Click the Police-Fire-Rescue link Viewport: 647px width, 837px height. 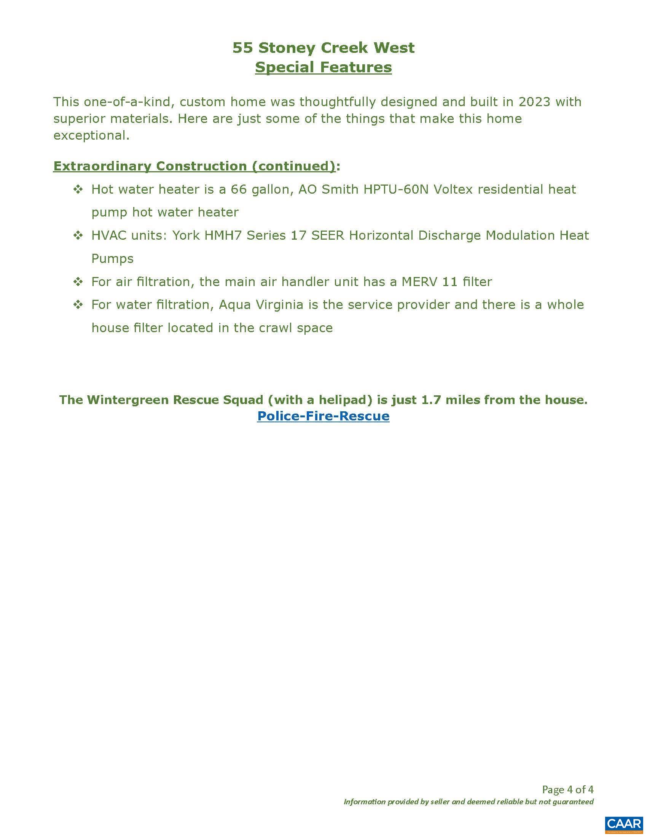323,416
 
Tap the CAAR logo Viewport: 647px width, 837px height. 624,823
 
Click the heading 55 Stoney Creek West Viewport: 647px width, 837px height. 323,48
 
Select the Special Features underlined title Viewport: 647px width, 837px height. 323,67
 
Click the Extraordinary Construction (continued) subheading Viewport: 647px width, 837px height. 194,166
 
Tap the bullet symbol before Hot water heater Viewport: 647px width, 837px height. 78,189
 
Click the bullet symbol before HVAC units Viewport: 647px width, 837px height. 78,235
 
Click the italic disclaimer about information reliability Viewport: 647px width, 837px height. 469,801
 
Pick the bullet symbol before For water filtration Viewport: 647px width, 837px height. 78,305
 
